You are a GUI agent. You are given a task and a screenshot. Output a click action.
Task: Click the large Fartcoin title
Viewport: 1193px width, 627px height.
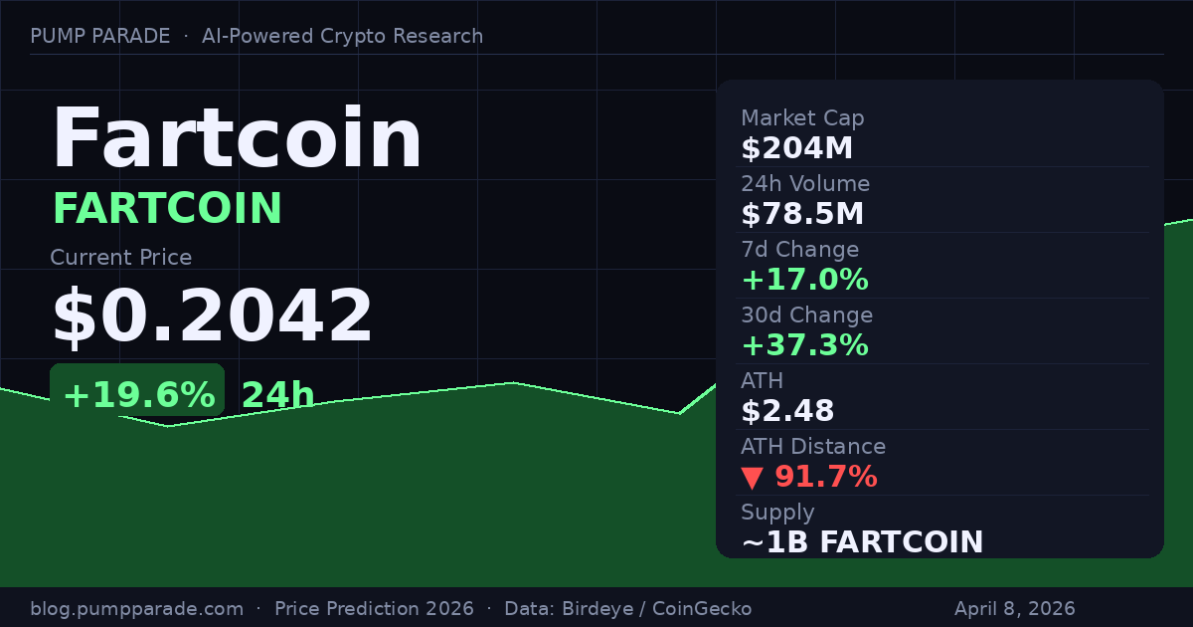237,139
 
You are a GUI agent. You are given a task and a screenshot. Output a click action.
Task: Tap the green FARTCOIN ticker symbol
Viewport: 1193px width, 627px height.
167,208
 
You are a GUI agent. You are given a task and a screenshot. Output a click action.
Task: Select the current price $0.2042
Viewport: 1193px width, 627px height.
212,315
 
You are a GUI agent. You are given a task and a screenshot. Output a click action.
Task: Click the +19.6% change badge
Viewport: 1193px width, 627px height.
137,395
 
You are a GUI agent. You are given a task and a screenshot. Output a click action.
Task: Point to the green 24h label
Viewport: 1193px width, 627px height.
277,395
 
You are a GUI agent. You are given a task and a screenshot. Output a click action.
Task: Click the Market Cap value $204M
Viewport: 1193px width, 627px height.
796,148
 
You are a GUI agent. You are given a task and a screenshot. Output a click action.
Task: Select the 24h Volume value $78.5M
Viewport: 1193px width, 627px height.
802,214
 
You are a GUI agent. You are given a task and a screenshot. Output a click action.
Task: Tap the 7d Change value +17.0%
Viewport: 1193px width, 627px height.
804,280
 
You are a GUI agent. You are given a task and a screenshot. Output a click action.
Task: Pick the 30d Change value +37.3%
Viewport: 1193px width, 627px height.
804,345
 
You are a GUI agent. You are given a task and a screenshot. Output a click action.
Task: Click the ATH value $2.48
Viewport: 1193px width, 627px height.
787,411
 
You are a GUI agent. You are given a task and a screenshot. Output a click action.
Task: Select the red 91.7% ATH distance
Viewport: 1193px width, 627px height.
825,477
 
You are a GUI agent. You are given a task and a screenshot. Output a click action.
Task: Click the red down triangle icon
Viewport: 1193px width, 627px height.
753,478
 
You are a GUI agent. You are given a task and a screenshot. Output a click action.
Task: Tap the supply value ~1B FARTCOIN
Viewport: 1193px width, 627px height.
862,542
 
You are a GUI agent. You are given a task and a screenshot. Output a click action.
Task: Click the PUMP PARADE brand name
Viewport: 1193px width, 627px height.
99,36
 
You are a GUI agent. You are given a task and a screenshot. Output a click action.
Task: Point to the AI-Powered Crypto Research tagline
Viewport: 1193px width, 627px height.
342,36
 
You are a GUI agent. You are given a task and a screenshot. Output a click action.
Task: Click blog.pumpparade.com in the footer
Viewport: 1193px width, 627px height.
136,608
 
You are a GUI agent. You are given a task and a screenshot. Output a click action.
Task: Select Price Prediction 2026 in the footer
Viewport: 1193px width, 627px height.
378,608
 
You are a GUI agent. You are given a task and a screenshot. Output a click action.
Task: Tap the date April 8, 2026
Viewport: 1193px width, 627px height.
1014,608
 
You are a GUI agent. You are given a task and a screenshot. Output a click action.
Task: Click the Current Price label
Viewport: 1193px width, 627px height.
120,257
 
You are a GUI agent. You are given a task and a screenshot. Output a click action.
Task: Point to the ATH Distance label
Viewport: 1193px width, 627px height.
812,447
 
